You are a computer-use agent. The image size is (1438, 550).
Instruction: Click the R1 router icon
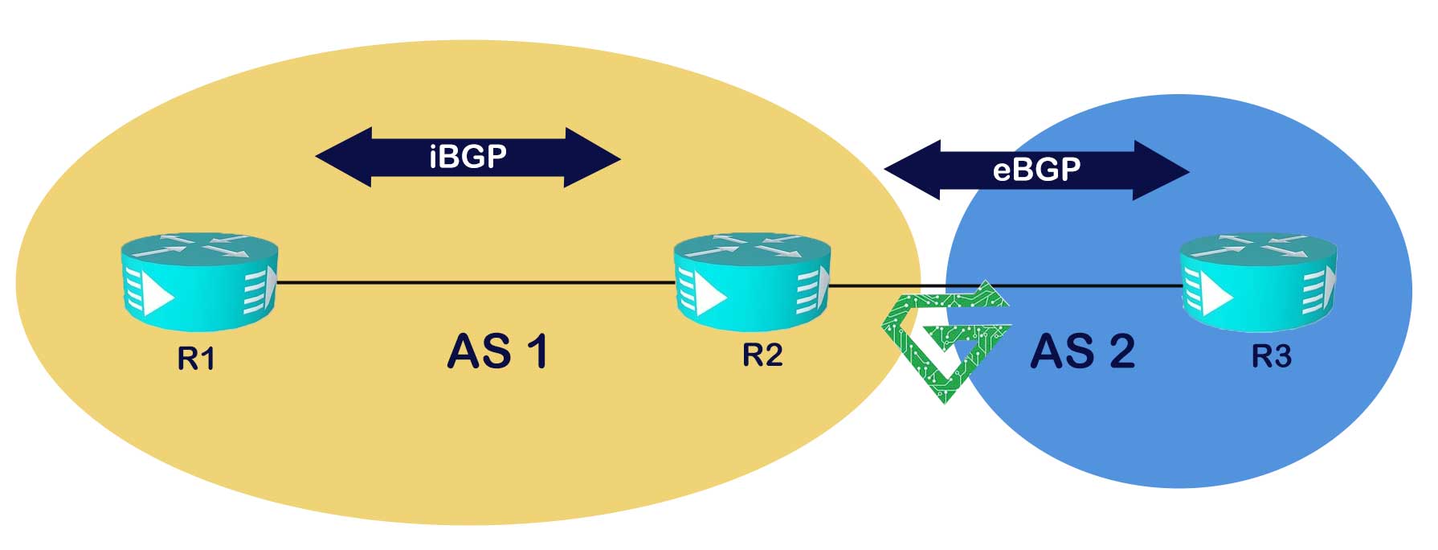tap(199, 281)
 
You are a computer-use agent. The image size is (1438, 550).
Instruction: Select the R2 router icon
tap(752, 281)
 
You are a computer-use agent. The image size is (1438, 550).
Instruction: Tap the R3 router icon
tap(1258, 281)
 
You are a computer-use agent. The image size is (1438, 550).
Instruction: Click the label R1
tap(196, 359)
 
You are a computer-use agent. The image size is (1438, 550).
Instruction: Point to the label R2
tap(762, 355)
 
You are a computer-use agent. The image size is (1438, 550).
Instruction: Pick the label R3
tap(1272, 355)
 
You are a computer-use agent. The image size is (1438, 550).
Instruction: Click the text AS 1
tap(497, 352)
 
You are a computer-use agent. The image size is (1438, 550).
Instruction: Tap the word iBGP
tap(468, 156)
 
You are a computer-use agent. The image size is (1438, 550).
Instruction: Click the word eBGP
tap(1036, 170)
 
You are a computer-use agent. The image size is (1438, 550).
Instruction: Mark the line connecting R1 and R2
tap(474, 282)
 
